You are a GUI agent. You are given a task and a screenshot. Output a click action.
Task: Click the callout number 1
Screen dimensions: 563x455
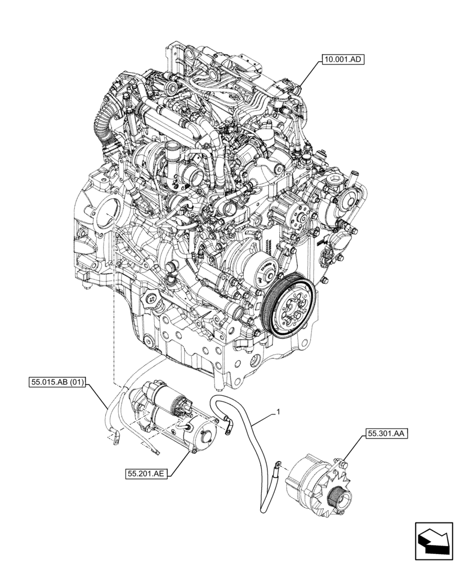coord(278,413)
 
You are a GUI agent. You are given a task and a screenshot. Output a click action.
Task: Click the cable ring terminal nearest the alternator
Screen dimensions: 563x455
coord(276,465)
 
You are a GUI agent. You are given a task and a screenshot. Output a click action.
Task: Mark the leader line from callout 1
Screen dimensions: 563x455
coord(264,420)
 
